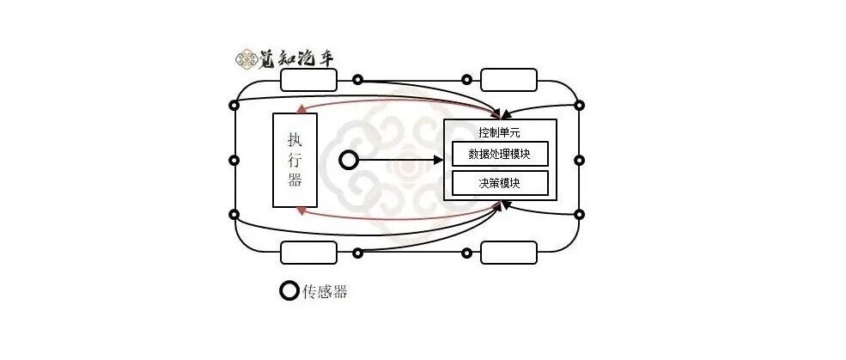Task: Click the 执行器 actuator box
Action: tap(295, 160)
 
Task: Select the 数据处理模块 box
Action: tap(500, 154)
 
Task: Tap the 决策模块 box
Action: tap(500, 183)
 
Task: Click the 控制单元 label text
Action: tap(500, 132)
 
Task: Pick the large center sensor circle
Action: tap(349, 160)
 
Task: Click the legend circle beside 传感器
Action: tap(289, 291)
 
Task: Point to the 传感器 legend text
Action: tap(325, 291)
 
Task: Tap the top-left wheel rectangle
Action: tap(308, 80)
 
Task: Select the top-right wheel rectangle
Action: tap(508, 80)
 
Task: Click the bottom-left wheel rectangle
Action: tap(308, 253)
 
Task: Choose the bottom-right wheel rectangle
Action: tap(508, 253)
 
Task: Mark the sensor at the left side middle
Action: tap(234, 160)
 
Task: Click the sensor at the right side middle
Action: tap(579, 160)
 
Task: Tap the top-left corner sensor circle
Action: tap(234, 105)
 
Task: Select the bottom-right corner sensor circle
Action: tap(579, 214)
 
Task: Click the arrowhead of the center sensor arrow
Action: tap(438, 160)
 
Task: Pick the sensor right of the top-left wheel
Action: tap(357, 80)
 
